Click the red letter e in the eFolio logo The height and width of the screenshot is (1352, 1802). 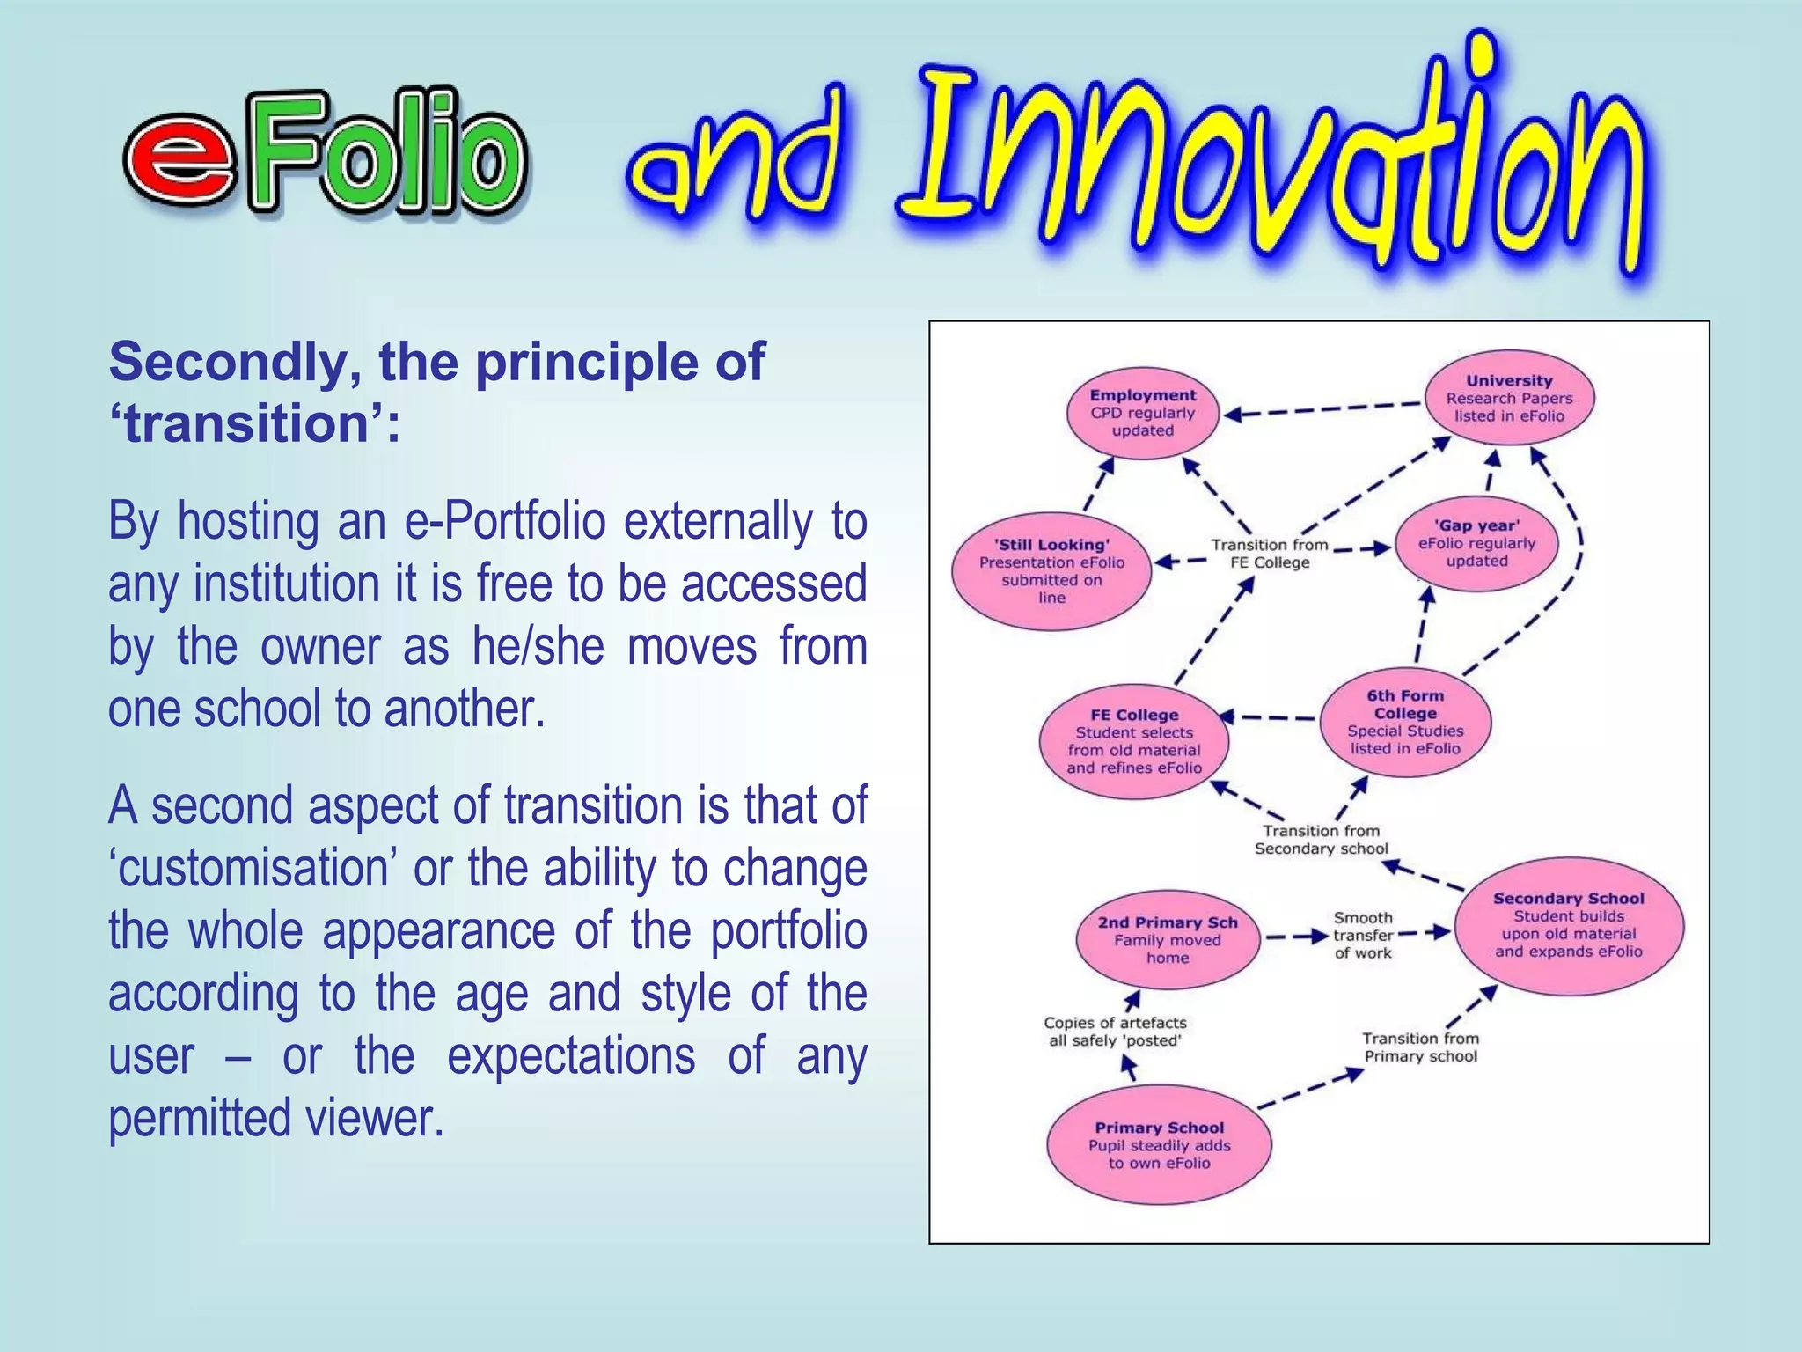pos(180,158)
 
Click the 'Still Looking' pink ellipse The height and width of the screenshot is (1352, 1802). pos(1051,570)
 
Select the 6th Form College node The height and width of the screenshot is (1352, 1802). pos(1405,722)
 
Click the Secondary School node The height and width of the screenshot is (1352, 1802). pos(1568,925)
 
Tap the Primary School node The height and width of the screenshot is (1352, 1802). pos(1159,1144)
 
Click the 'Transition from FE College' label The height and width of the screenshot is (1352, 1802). pos(1269,554)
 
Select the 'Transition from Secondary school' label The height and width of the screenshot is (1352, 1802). pos(1321,840)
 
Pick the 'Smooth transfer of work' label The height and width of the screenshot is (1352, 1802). pos(1363,935)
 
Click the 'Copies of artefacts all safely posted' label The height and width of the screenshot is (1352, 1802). pos(1115,1032)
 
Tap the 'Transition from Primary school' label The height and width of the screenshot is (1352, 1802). pos(1420,1047)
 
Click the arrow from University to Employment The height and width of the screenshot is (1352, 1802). pos(1320,409)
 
